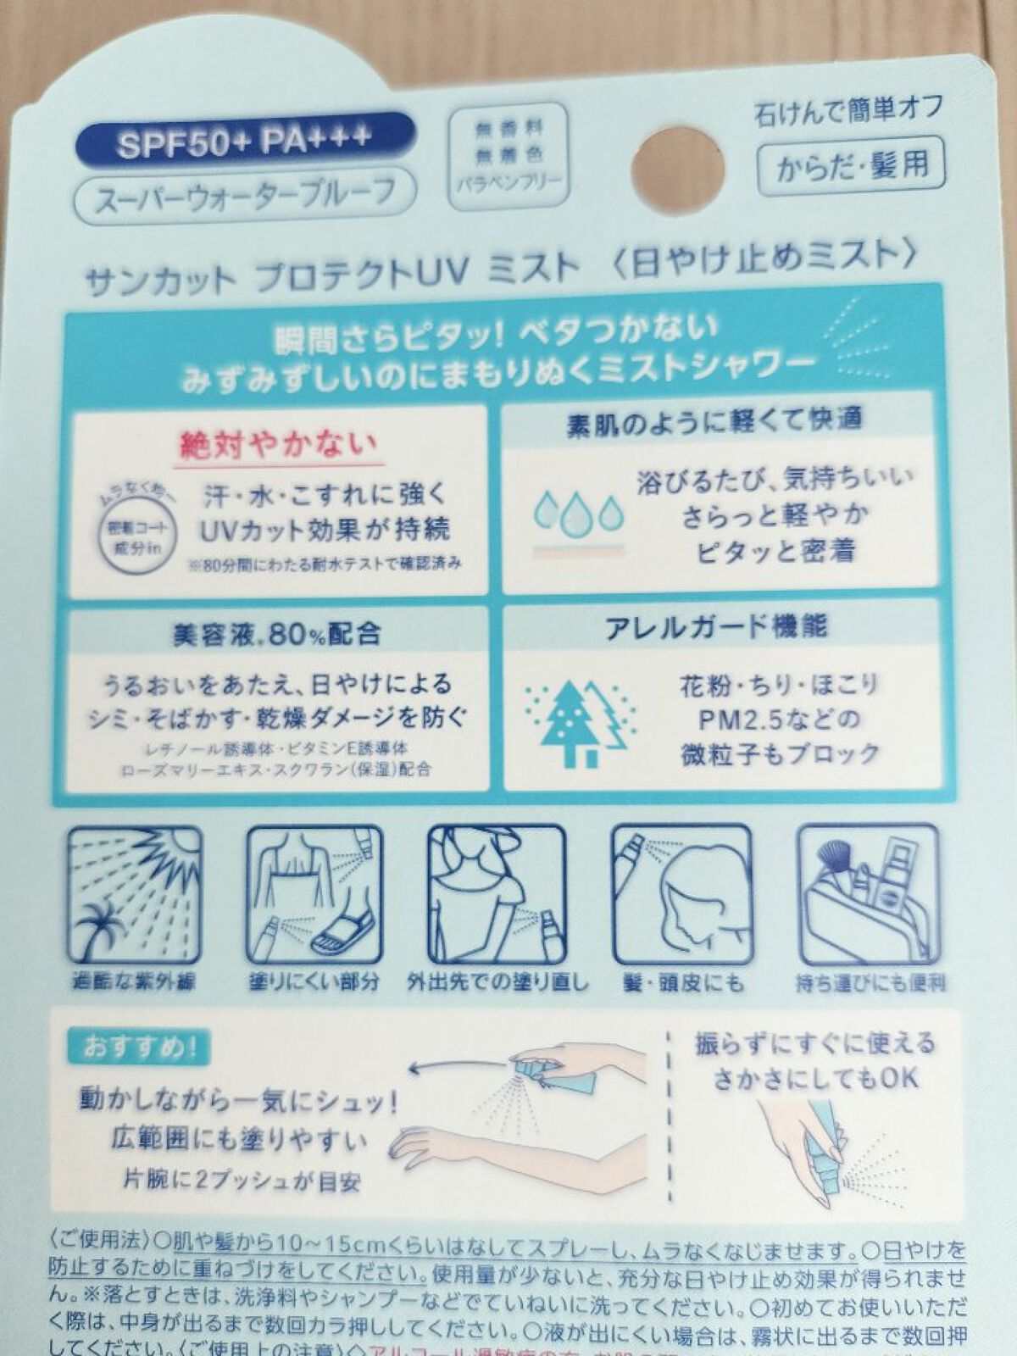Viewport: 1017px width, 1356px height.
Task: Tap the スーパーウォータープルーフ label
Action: tap(246, 195)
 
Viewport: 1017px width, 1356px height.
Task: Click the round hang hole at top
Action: tap(678, 164)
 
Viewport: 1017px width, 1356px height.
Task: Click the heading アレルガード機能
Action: tap(716, 627)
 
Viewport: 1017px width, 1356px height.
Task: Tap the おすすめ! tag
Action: tap(135, 1048)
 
